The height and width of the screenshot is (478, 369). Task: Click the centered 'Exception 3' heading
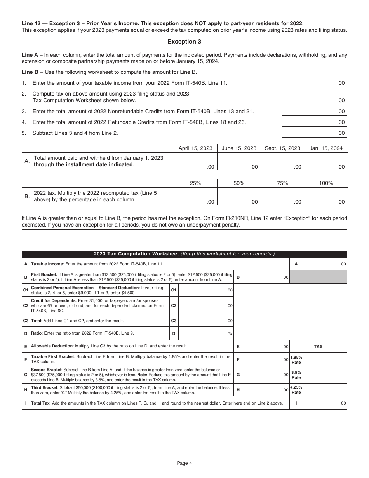tap(184, 42)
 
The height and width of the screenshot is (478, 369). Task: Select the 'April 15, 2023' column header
tap(195, 148)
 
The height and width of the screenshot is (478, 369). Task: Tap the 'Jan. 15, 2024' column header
tap(326, 148)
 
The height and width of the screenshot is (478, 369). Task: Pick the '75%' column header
tap(282, 183)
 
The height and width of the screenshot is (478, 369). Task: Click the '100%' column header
tap(326, 183)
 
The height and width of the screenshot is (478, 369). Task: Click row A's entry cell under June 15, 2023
tap(239, 162)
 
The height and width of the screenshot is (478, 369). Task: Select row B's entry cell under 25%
tap(195, 197)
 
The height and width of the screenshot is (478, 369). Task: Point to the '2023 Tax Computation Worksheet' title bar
tap(184, 254)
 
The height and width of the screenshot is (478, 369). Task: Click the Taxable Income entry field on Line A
tap(321, 264)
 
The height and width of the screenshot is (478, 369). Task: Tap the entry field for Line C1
tap(202, 290)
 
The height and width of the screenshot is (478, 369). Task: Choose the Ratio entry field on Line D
tap(202, 333)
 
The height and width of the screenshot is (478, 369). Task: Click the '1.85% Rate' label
tap(296, 359)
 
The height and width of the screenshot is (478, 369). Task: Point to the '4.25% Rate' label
tap(296, 390)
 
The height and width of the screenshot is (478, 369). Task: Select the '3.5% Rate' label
tap(296, 375)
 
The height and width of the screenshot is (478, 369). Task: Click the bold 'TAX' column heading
tap(318, 347)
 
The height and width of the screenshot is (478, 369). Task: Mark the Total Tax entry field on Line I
tap(321, 403)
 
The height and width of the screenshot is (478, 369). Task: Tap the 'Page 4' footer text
tap(184, 463)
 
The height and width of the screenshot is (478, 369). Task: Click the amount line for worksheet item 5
tap(314, 133)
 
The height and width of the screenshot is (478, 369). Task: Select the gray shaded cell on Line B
tap(318, 277)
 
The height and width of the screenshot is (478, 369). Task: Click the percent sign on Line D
tap(230, 333)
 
